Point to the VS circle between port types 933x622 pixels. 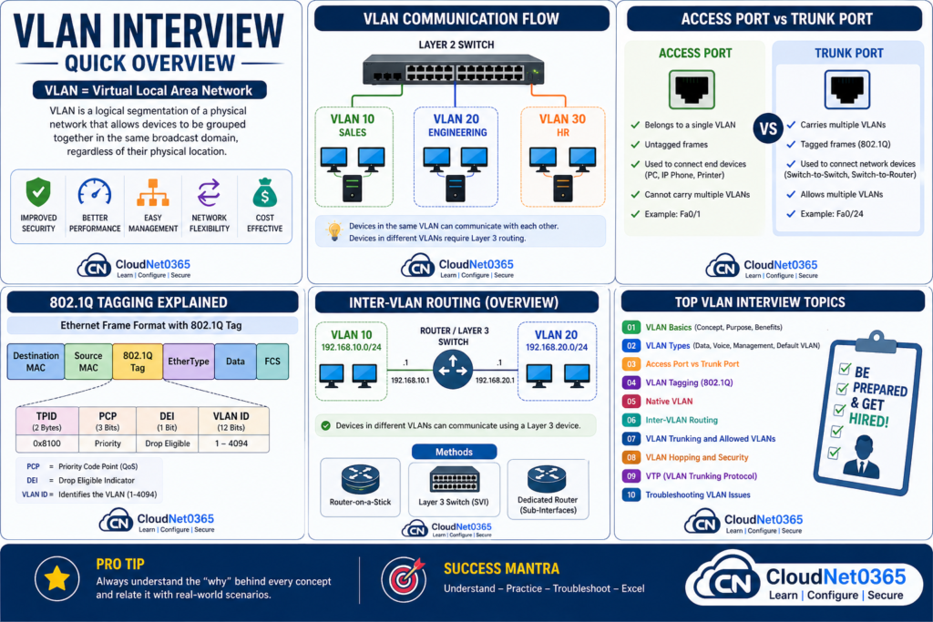click(767, 128)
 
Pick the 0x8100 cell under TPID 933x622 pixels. click(46, 444)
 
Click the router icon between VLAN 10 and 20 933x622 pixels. click(455, 371)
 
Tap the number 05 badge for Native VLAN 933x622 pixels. click(631, 401)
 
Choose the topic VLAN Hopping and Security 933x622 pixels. click(697, 457)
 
